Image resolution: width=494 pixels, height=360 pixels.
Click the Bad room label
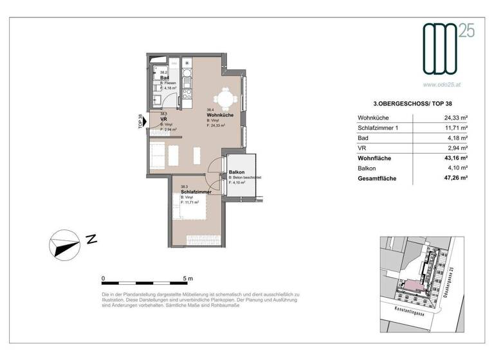165,78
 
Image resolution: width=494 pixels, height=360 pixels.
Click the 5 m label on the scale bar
188,278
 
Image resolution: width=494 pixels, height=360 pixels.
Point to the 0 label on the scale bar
104,278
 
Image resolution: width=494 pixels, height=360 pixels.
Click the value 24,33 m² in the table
454,118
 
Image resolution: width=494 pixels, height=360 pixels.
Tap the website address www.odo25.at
444,83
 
